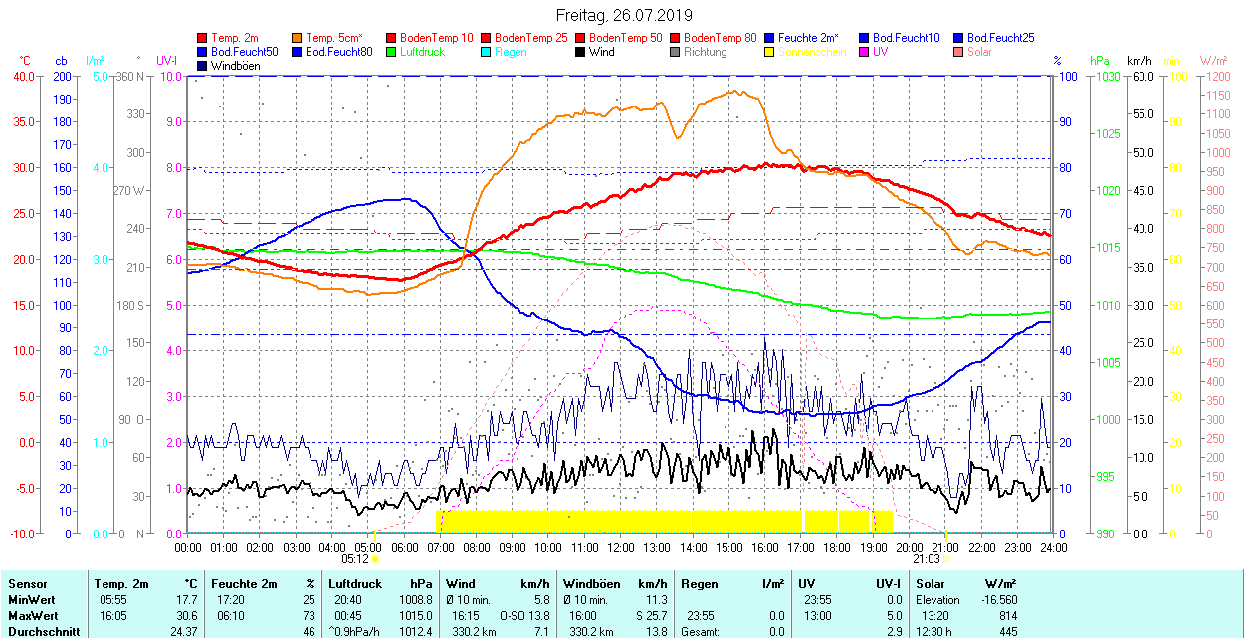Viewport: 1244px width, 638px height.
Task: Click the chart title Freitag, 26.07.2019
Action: click(x=623, y=15)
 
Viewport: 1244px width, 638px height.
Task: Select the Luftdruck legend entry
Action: click(x=421, y=52)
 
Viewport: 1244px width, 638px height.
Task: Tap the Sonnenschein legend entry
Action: click(x=812, y=52)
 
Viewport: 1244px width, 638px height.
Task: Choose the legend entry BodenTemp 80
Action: click(x=721, y=38)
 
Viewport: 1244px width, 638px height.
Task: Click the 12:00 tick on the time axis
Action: click(x=620, y=547)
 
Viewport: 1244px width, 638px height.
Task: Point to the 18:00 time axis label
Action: click(x=837, y=547)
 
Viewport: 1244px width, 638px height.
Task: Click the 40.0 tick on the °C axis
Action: click(x=22, y=76)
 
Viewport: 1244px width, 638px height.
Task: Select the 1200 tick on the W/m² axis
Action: click(x=1216, y=76)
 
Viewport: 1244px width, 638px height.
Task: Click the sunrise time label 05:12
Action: click(x=355, y=559)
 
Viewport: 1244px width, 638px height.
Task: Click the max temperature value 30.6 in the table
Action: click(x=186, y=616)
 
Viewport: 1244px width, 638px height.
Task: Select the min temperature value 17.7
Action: click(x=186, y=600)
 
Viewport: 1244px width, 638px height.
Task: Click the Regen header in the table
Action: click(x=698, y=584)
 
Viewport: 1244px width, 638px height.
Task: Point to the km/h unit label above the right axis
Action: click(x=1139, y=61)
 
